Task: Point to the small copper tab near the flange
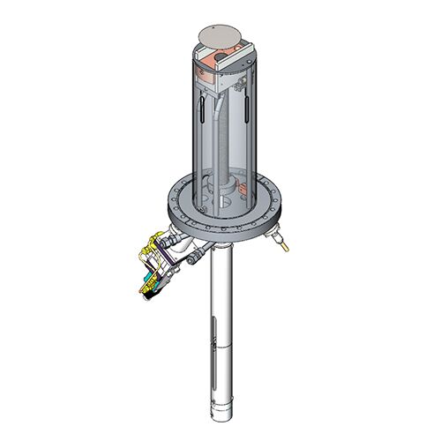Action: point(240,187)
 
